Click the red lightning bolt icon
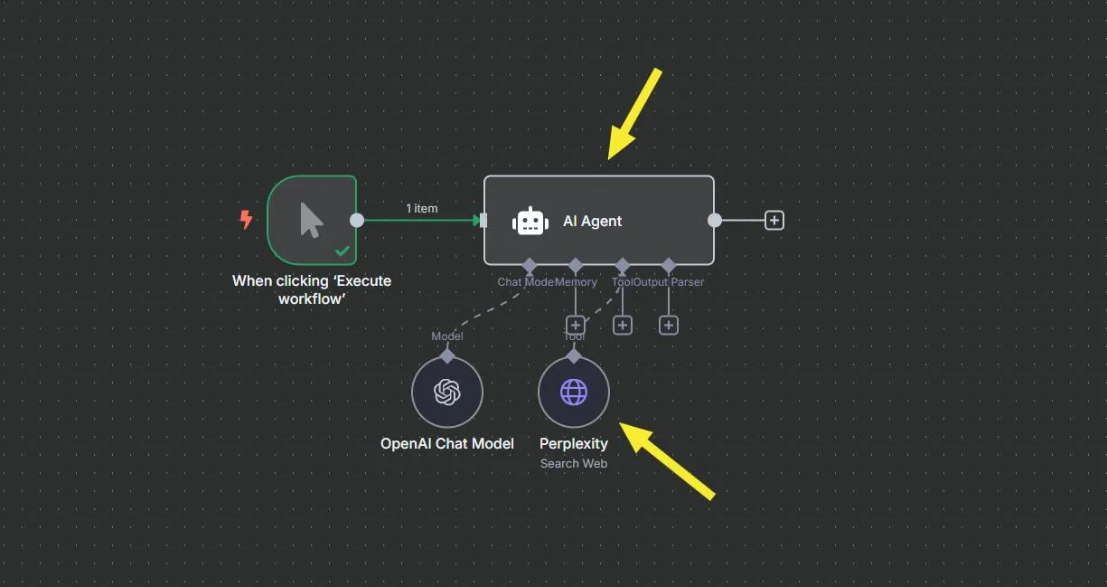click(245, 220)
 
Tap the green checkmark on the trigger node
click(342, 251)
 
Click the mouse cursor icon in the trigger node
click(311, 220)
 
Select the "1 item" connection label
click(421, 209)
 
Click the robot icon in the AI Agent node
click(530, 222)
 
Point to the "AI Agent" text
click(592, 222)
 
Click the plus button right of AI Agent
click(774, 220)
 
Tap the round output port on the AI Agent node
click(715, 220)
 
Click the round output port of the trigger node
click(357, 220)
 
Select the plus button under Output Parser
click(668, 325)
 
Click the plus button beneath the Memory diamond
click(575, 325)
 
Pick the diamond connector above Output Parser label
click(668, 266)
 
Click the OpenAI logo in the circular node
click(447, 392)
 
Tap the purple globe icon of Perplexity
click(574, 392)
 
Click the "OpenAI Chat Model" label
click(447, 443)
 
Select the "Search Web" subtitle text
click(574, 463)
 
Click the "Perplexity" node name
click(574, 443)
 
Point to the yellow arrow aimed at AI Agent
click(635, 114)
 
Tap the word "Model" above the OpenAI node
click(447, 336)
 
